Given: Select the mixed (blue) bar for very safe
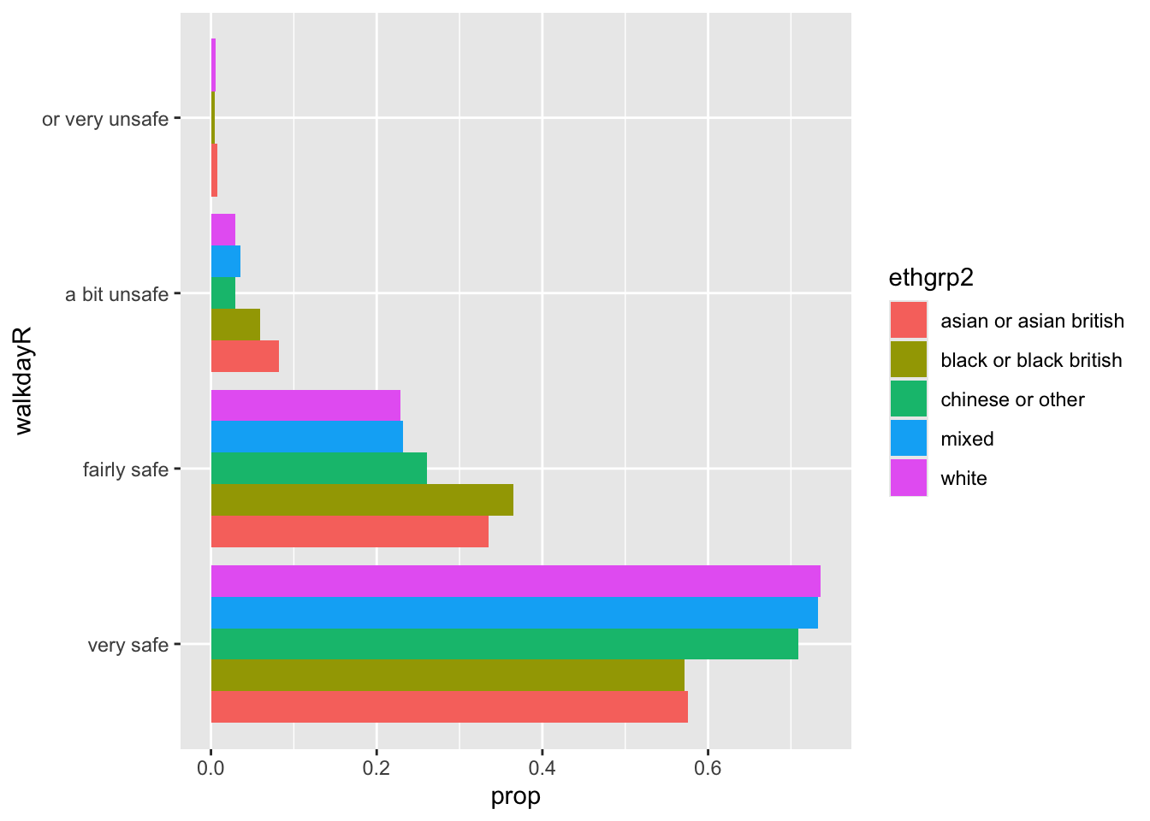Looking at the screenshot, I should (x=513, y=612).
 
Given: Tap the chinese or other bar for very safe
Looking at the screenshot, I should (x=504, y=644).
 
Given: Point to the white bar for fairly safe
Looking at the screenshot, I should (x=305, y=405).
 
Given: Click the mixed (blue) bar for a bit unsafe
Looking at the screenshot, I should (x=226, y=261).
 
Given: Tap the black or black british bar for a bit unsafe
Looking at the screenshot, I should (x=235, y=325).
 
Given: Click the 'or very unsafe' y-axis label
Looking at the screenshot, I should (x=105, y=120).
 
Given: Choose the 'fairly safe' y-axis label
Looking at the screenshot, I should (x=126, y=470).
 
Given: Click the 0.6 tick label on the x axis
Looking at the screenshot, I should (x=708, y=768).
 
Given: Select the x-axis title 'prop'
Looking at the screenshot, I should (x=515, y=797).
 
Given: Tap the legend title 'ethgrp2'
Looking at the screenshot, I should (x=932, y=278).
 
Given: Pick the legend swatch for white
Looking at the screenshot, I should (x=908, y=478).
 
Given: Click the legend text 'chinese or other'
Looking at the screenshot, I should (x=1012, y=400).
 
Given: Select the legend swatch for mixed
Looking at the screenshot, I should (x=908, y=439).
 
